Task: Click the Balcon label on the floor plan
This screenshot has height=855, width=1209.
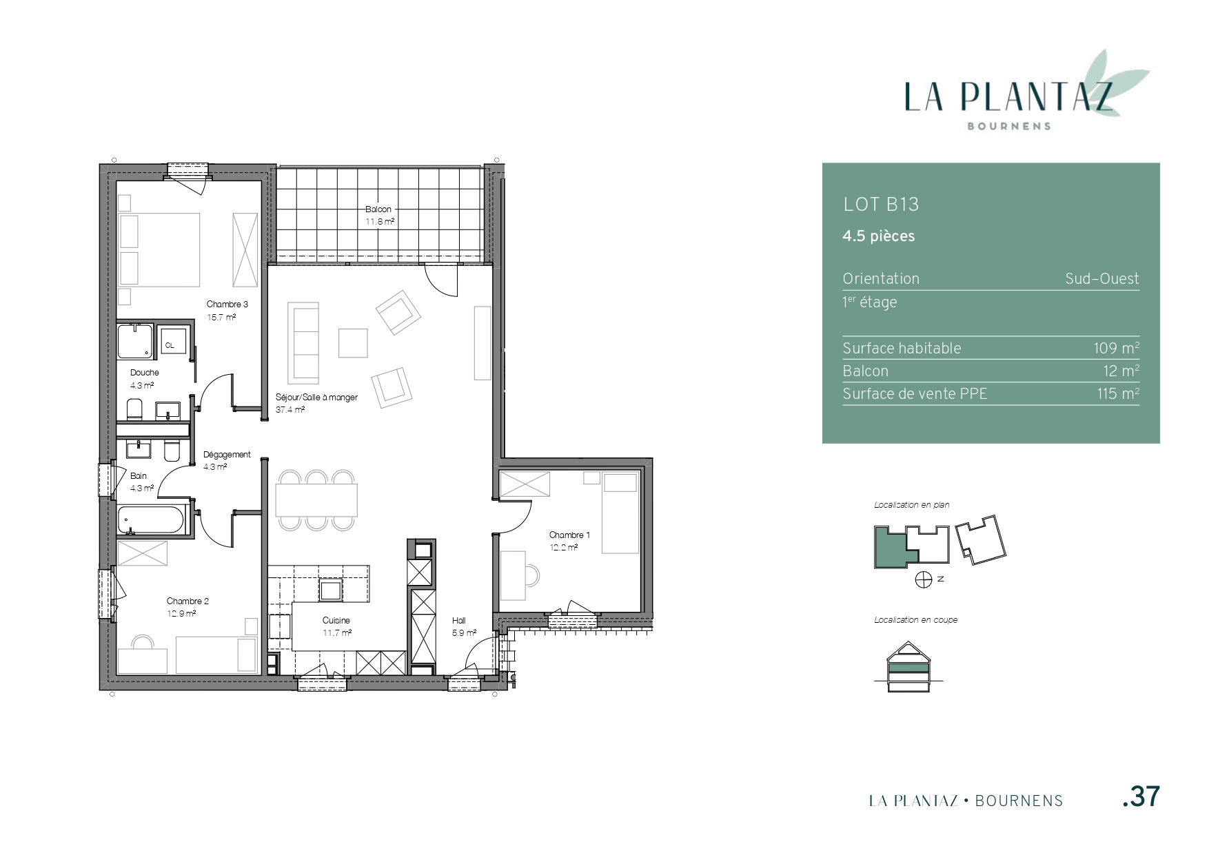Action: tap(378, 209)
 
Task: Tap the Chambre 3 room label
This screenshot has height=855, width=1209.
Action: tap(227, 304)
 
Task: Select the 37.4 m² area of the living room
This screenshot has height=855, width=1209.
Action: tap(290, 409)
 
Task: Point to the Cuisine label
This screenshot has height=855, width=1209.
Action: tap(336, 620)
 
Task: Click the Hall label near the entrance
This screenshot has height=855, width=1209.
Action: tap(459, 620)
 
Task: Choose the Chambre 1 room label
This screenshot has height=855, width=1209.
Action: tap(569, 535)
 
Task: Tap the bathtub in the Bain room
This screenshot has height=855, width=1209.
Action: tap(153, 520)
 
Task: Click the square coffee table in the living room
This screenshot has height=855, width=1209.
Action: tap(353, 343)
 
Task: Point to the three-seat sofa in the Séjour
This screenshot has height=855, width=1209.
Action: tap(303, 343)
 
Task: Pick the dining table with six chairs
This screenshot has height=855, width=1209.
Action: tap(316, 500)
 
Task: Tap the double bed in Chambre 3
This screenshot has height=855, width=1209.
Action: tap(160, 249)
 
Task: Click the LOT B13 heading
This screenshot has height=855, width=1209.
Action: tap(881, 204)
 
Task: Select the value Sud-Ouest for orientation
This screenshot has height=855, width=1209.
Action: tap(1102, 278)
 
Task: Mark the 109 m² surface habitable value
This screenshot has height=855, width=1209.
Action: tap(1116, 348)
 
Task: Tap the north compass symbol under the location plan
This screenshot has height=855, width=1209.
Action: tap(924, 580)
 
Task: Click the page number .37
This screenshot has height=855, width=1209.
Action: tap(1141, 796)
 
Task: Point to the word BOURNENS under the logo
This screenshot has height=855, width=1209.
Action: tap(1009, 126)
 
